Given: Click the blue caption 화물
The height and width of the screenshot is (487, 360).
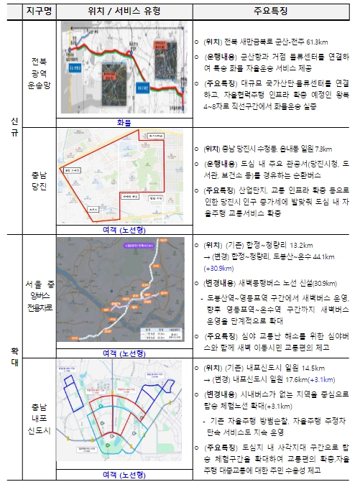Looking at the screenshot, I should click(x=124, y=123).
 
